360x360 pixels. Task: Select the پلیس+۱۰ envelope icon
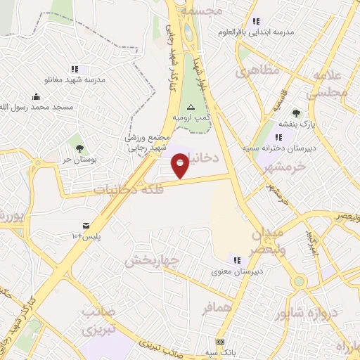point(86,225)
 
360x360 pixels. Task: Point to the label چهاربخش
point(153,260)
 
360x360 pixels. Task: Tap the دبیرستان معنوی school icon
point(238,259)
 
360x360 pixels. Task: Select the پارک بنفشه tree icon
point(296,112)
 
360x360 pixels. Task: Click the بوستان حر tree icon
point(79,148)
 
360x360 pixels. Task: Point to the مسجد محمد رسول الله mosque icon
point(36,97)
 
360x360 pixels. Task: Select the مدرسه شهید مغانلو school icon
point(83,69)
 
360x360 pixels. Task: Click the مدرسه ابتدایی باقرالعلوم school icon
point(256,21)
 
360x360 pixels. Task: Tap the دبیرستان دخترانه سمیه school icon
point(278,137)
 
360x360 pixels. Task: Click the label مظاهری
point(258,71)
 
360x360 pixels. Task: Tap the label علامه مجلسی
point(328,84)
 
